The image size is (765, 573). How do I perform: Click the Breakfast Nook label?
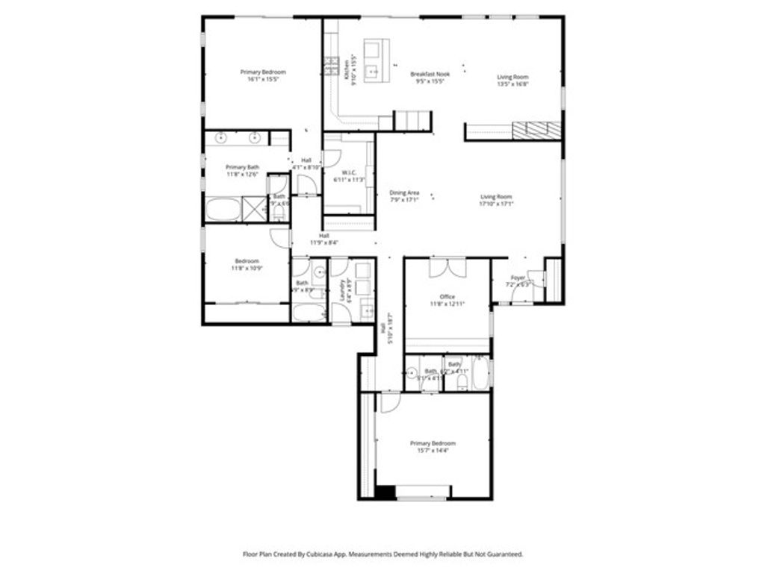point(431,74)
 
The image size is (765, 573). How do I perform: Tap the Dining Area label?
point(404,192)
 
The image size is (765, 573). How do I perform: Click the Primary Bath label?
point(242,167)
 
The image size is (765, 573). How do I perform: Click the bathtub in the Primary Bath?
point(223,210)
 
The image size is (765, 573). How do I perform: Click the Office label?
point(447,297)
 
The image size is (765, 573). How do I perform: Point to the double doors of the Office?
point(447,267)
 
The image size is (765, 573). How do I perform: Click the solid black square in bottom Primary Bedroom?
point(385,492)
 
